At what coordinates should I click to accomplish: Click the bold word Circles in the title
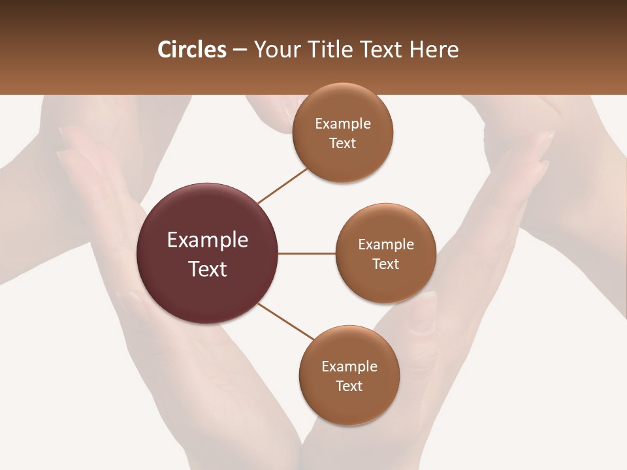point(192,50)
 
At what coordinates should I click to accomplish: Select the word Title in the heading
point(329,50)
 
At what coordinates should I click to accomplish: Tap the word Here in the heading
point(434,50)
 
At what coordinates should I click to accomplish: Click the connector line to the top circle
point(283,185)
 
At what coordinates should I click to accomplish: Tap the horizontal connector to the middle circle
point(307,253)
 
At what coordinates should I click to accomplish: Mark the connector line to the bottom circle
point(285,321)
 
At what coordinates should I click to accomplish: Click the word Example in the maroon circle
point(208,240)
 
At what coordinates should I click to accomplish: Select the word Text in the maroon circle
point(208,269)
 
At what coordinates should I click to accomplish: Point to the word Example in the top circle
point(343,124)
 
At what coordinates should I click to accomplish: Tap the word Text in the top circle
point(343,144)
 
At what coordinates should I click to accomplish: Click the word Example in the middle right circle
point(386,245)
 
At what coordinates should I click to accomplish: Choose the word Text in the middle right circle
point(386,264)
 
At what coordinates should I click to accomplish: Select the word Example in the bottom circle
point(349,367)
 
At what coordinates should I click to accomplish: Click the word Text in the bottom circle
point(349,386)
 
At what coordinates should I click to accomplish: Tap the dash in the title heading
point(240,50)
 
